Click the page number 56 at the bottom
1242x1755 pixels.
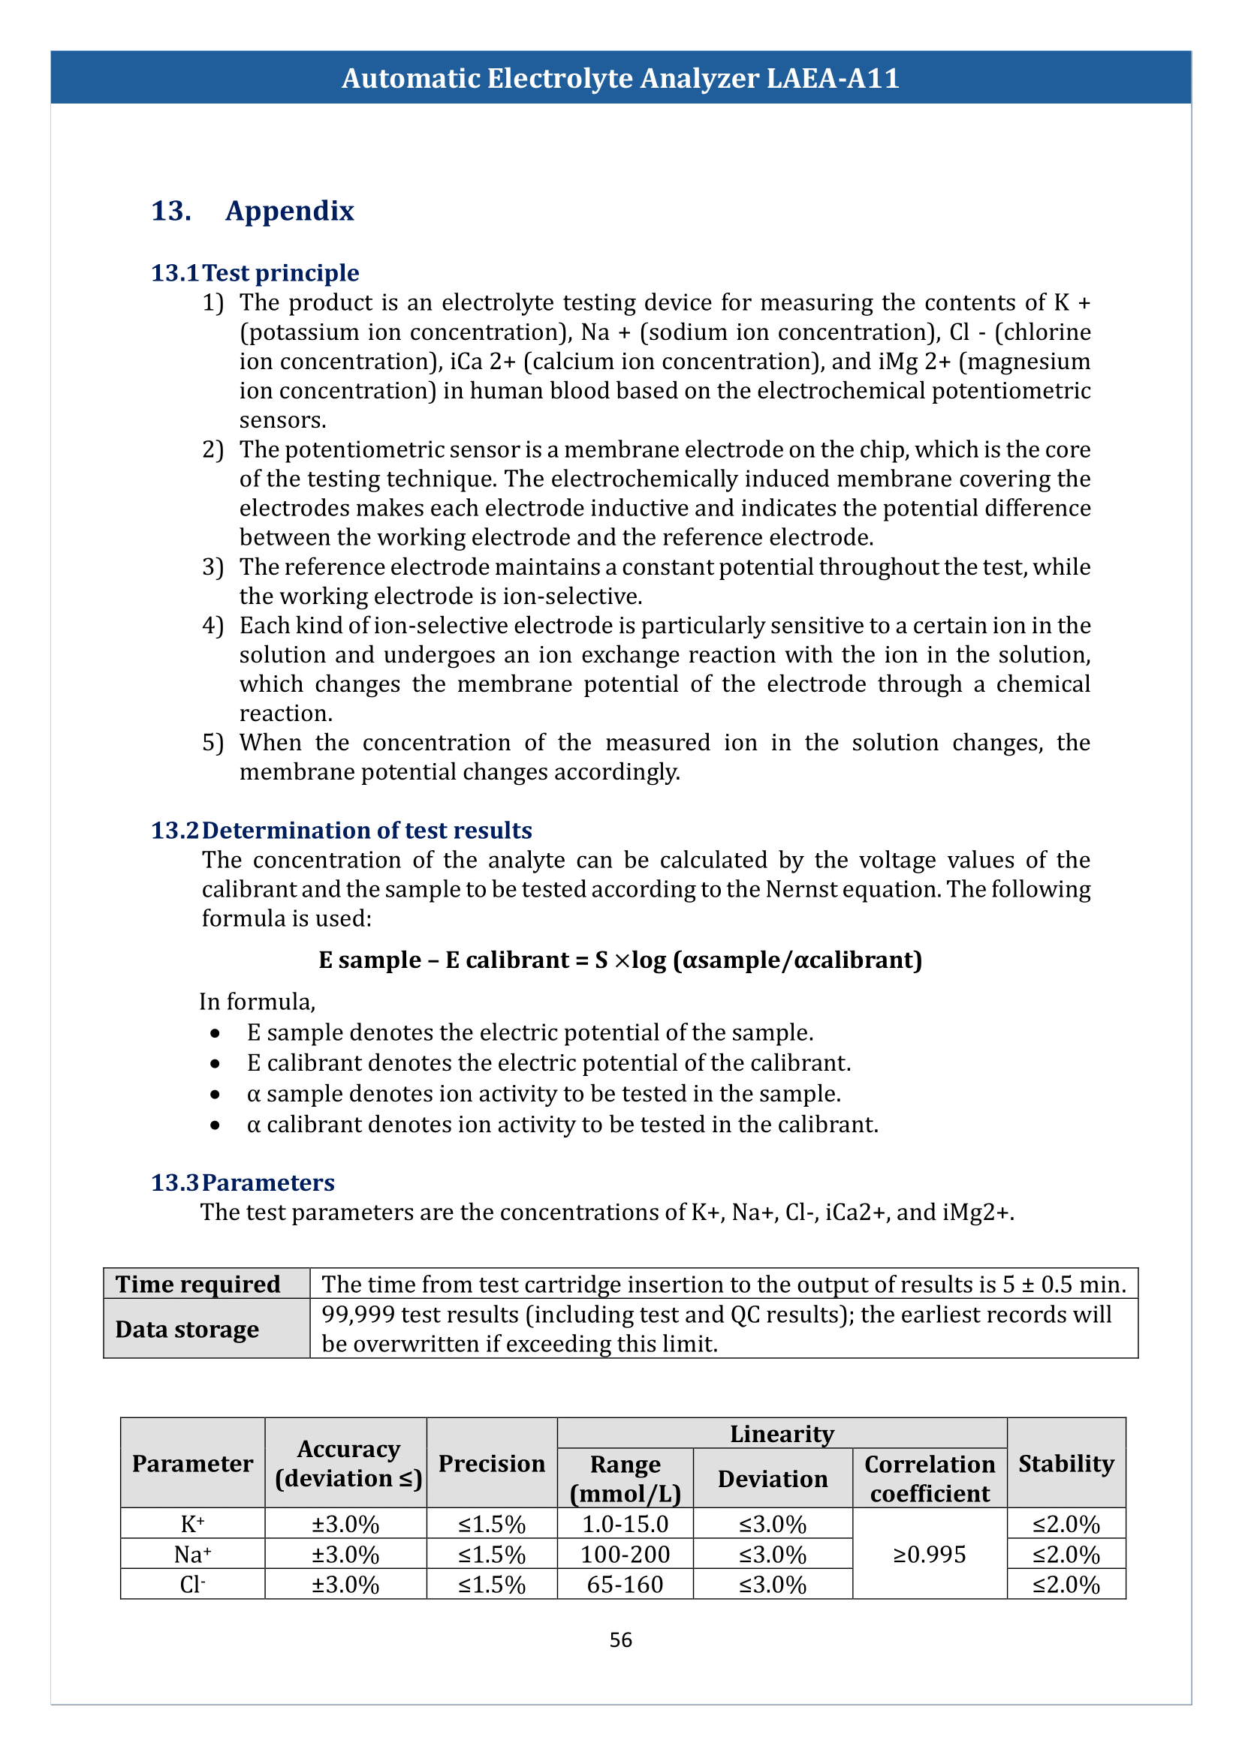tap(620, 1639)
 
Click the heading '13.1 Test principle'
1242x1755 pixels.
tap(255, 273)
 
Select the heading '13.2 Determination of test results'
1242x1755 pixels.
tap(341, 830)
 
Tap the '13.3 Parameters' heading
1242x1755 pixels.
tap(243, 1183)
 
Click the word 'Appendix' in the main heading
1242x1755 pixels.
tap(289, 211)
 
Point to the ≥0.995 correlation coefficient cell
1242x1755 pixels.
tap(929, 1554)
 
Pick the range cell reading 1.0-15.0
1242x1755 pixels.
tap(625, 1524)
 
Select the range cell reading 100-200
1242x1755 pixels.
tap(625, 1554)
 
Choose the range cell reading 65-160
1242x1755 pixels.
tap(625, 1585)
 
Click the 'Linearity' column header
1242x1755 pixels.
tap(782, 1434)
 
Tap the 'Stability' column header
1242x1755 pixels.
tap(1066, 1463)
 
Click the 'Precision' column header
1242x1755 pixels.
tap(492, 1463)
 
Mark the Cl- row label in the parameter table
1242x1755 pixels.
tap(193, 1585)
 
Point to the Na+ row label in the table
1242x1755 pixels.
tap(193, 1554)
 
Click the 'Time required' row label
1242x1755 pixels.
tap(198, 1284)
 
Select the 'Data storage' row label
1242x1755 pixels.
tap(188, 1330)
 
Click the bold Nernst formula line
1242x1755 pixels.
tap(620, 960)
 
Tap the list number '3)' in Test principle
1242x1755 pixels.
tap(213, 567)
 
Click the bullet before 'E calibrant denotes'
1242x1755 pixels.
tap(216, 1064)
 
